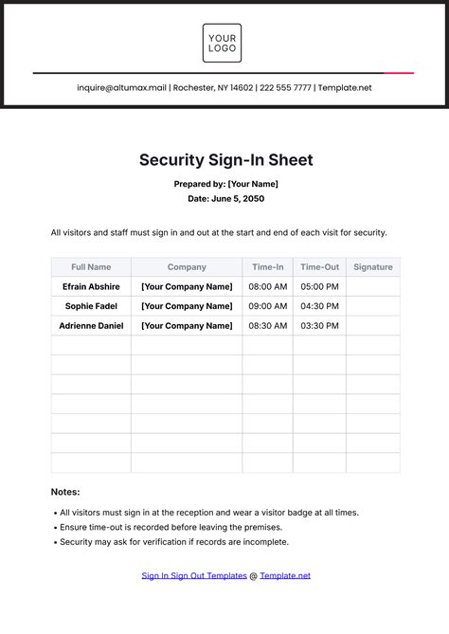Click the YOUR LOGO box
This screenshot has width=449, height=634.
[222, 44]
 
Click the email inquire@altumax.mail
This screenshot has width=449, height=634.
[123, 88]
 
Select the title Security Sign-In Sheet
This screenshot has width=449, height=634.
[225, 160]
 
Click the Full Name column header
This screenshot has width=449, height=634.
[91, 267]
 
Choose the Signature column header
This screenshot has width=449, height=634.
[372, 267]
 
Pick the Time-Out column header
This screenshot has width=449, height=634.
[319, 267]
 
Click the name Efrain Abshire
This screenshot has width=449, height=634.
[91, 286]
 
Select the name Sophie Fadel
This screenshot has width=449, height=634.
[91, 306]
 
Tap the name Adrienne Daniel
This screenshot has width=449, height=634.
[91, 326]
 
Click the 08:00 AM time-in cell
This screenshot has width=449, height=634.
[267, 286]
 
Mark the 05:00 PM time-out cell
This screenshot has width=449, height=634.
[319, 286]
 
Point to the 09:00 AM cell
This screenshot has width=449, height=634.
[267, 306]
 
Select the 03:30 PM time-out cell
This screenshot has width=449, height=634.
[319, 326]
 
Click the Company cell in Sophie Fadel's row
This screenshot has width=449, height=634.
[187, 306]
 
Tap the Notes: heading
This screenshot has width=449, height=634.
[65, 492]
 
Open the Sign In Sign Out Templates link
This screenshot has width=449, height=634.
[194, 575]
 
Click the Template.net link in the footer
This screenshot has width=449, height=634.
[285, 575]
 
